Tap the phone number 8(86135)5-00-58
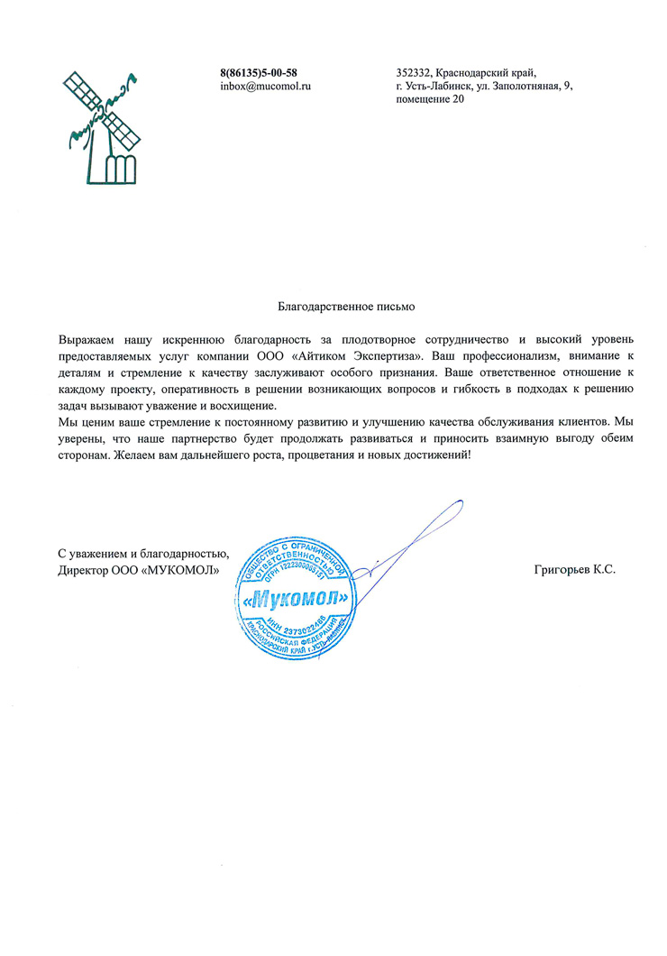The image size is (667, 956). (259, 72)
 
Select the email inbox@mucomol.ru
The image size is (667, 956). (265, 86)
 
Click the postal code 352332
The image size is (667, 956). (414, 72)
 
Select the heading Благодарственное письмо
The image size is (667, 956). (346, 307)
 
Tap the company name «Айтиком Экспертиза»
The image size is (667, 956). (370, 355)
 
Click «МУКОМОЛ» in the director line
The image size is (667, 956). (181, 570)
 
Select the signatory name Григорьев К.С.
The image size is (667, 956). (574, 570)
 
